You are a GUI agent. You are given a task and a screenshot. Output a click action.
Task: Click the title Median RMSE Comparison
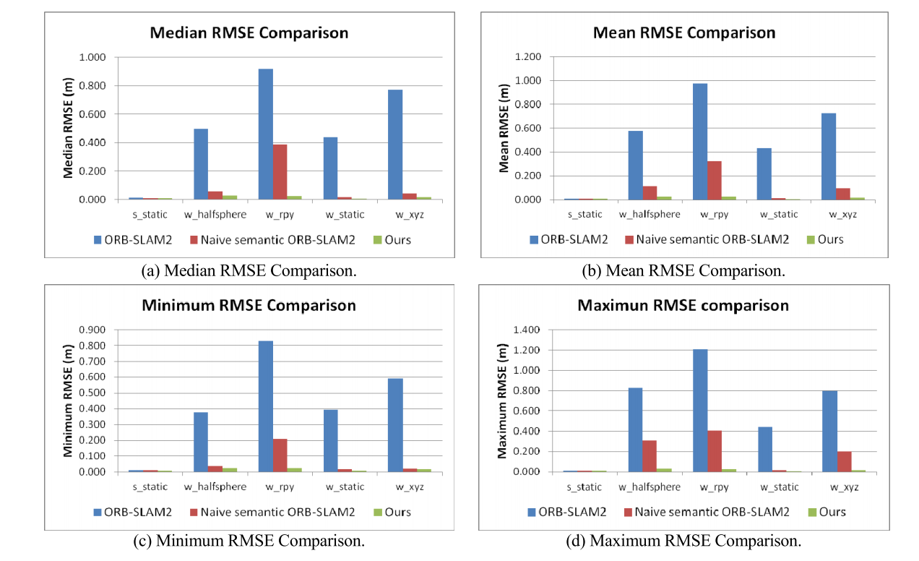click(x=249, y=33)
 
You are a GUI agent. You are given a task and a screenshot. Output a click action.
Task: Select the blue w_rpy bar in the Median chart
click(x=266, y=134)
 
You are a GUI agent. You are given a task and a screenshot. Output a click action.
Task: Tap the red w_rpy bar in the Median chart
click(x=280, y=171)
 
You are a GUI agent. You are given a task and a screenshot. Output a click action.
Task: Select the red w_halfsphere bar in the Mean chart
click(x=649, y=192)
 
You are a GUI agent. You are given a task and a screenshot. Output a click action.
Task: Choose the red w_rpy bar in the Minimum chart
click(x=280, y=455)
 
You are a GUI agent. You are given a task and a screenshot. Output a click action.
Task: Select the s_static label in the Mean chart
click(x=584, y=214)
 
